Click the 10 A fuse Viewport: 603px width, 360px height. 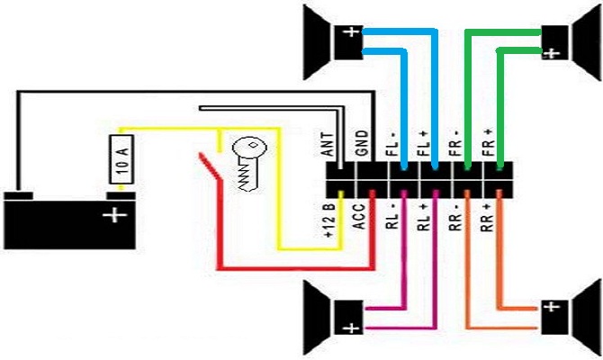[121, 162]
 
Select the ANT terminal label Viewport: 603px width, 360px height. [329, 144]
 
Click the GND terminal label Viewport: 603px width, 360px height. [361, 145]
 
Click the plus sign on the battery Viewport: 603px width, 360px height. [114, 216]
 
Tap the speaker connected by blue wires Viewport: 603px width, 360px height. [328, 40]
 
